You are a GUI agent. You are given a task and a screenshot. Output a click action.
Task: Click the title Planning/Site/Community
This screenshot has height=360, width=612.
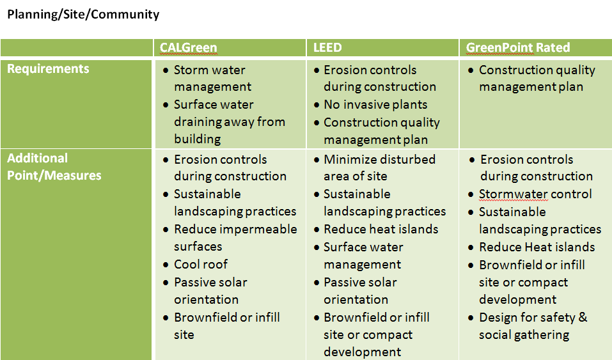click(x=83, y=15)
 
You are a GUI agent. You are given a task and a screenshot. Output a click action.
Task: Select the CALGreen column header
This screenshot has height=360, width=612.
click(x=188, y=47)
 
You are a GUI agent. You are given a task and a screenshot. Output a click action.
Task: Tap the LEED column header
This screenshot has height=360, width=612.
click(x=327, y=47)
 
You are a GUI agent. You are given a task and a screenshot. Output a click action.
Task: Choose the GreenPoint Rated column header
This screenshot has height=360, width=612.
click(x=518, y=47)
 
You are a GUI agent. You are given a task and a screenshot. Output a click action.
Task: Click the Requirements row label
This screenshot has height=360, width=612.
click(x=48, y=68)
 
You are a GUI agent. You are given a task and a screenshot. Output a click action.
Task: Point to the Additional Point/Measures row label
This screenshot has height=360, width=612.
click(x=54, y=167)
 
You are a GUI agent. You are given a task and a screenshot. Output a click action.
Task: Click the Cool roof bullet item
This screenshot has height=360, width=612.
click(x=201, y=264)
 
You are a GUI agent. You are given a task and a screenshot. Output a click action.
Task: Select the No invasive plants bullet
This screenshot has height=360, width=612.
click(x=375, y=105)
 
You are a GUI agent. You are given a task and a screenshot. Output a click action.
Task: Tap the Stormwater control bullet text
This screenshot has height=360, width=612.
click(x=535, y=194)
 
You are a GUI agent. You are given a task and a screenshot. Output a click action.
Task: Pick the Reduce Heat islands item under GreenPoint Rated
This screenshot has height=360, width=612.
click(x=537, y=247)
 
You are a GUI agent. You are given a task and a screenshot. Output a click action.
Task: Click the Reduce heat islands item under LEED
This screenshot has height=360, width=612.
click(x=381, y=229)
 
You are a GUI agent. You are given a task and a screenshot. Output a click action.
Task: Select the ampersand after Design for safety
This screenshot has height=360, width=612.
click(x=583, y=317)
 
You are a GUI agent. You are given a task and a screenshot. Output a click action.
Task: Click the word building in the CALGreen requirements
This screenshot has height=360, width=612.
click(x=198, y=139)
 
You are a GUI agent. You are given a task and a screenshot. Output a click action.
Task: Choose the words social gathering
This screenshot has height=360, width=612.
click(x=524, y=335)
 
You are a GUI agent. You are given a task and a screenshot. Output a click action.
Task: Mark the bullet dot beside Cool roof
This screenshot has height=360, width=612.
click(x=166, y=265)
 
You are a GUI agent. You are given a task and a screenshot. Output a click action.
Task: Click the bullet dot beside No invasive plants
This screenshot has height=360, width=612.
click(x=317, y=105)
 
